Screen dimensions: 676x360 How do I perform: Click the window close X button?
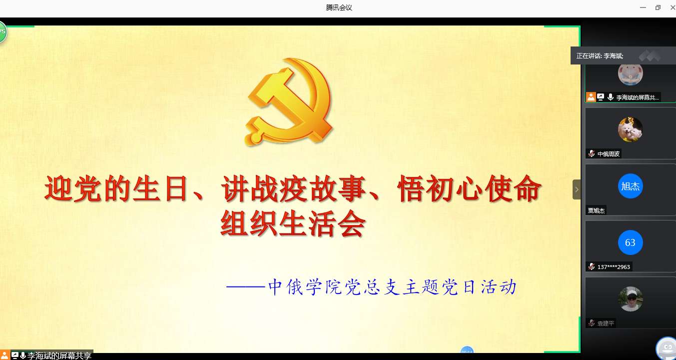pos(673,7)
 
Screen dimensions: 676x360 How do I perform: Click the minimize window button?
pos(643,7)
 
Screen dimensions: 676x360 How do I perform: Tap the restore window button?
pos(658,7)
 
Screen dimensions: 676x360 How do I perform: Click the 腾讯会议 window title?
pos(339,7)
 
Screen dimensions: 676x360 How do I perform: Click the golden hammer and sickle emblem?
pos(289,102)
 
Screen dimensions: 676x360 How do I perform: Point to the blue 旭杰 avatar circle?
pos(630,186)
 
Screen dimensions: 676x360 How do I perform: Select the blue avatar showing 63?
pos(630,242)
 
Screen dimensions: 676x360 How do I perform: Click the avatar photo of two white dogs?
pos(630,129)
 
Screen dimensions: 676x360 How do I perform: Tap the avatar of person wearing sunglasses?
pos(630,299)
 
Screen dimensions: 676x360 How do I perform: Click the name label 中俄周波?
pos(609,154)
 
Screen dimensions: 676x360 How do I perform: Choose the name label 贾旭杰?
pos(596,210)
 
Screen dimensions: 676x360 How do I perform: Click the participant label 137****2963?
pos(614,267)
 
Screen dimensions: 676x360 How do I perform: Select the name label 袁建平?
pos(606,323)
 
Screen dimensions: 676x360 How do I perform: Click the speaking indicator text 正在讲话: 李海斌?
pos(600,56)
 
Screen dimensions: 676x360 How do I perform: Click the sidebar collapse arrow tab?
pos(577,189)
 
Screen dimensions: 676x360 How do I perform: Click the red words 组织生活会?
pos(293,223)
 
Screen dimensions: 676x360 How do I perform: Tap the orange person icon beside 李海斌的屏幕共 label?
pos(591,97)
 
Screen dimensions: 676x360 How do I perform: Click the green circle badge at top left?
pos(2,31)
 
